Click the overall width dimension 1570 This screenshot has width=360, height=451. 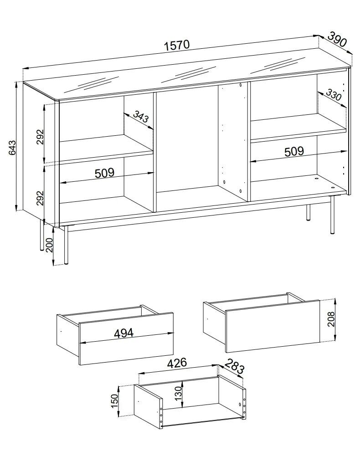[177, 46]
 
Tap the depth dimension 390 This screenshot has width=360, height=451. [337, 39]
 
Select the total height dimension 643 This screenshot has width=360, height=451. [12, 147]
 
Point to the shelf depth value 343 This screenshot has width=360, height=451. [141, 117]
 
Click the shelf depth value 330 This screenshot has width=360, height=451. [334, 95]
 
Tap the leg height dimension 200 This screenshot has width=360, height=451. [50, 245]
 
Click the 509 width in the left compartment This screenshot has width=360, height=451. [105, 173]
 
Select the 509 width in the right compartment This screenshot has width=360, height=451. [294, 152]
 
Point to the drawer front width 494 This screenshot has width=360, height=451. [124, 333]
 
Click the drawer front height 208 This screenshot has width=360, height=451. [331, 319]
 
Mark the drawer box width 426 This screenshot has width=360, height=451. [177, 363]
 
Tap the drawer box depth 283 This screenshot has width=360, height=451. [235, 366]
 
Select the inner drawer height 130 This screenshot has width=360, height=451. [179, 393]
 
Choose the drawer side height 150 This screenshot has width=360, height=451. [114, 401]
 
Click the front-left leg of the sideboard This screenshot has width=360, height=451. [66, 245]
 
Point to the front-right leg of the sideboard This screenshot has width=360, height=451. [332, 215]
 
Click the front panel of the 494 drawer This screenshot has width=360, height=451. [126, 339]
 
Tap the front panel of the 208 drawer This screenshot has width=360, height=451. [273, 326]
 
